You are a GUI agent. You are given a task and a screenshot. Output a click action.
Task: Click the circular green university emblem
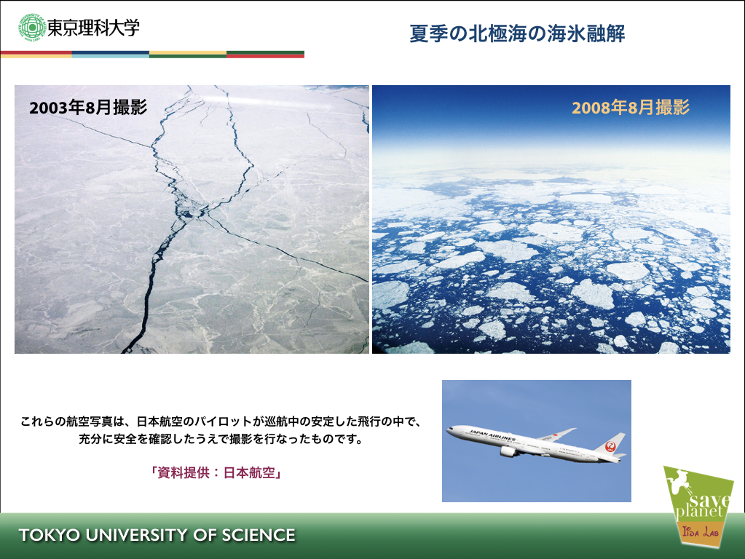coord(32,28)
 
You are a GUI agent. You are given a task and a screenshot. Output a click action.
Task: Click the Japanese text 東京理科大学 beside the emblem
coord(94,28)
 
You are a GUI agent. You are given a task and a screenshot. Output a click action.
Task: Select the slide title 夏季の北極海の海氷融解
coord(517,33)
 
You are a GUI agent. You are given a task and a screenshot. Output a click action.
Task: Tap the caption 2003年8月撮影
coord(88,107)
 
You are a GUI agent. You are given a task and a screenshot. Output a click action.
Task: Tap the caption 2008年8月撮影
coord(631,107)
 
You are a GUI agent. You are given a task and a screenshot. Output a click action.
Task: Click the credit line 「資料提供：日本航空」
coord(217,472)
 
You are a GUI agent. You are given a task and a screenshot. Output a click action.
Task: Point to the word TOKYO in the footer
coord(50,535)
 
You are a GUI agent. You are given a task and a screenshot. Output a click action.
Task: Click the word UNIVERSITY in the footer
coord(136,535)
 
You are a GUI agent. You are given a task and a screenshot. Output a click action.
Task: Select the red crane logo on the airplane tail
coord(611,445)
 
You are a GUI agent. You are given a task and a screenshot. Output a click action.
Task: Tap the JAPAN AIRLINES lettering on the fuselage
coord(492,435)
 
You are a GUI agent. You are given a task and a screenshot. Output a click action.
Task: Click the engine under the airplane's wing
coord(509,451)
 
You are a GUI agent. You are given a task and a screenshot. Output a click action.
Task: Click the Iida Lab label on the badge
coord(700,531)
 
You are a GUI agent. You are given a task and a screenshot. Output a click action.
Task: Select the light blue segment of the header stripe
coord(111,55)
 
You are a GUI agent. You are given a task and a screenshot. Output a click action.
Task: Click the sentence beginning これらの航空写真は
coord(221,421)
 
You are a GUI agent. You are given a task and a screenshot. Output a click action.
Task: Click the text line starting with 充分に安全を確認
coord(221,439)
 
